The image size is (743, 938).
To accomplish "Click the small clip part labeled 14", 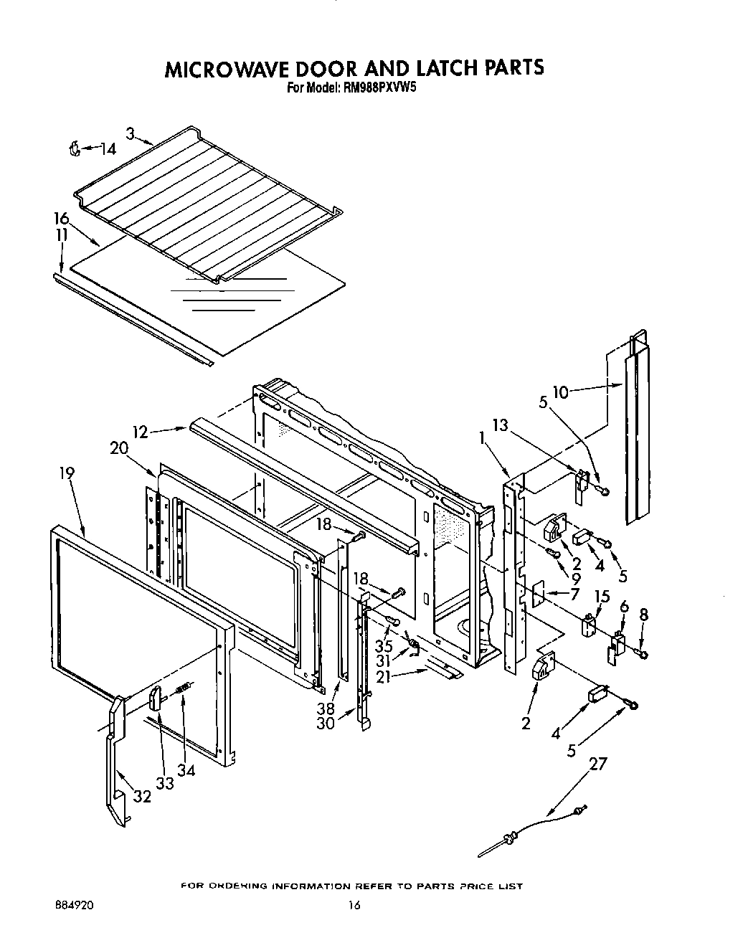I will (73, 148).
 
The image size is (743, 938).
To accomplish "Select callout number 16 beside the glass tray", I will (61, 219).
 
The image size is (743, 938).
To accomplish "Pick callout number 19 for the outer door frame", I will (66, 473).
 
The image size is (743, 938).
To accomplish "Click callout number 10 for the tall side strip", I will (560, 392).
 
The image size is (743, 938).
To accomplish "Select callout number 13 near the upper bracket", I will (499, 425).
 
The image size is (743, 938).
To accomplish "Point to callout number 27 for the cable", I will (597, 764).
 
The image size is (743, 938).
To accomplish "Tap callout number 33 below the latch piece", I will (165, 784).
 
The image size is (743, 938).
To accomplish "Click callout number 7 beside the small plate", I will (574, 594).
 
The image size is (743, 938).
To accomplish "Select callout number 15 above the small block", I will (602, 597).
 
